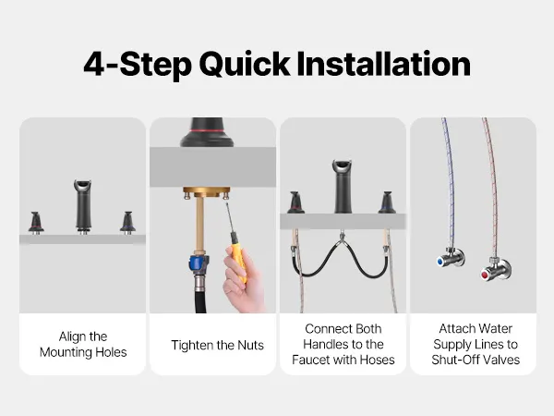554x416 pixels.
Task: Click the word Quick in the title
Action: click(x=245, y=66)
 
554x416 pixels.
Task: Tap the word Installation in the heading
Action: click(x=384, y=64)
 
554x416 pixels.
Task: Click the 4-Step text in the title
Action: click(x=138, y=66)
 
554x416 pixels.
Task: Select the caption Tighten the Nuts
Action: click(x=217, y=345)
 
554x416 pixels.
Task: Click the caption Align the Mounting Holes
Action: click(x=83, y=344)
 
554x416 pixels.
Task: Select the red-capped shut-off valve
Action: click(x=495, y=270)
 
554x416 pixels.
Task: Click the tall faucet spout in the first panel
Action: click(x=83, y=206)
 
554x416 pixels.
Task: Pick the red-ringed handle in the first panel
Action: click(x=36, y=223)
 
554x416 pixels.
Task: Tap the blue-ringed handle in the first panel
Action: click(x=127, y=223)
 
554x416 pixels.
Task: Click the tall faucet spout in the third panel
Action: click(x=342, y=187)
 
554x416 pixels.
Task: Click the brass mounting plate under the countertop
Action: click(x=206, y=192)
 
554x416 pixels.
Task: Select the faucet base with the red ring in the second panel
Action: click(x=207, y=132)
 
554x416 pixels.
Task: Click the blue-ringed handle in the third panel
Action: click(x=387, y=202)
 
